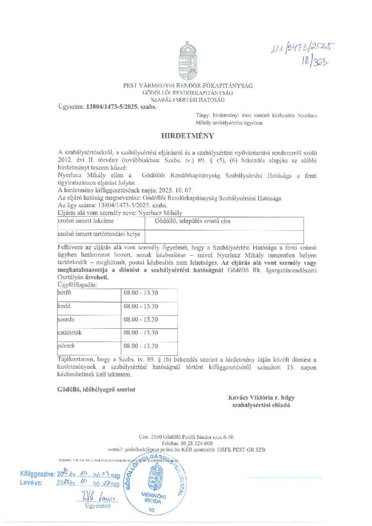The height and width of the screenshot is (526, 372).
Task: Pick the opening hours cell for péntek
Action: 140,346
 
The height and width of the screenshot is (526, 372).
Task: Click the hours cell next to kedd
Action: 140,307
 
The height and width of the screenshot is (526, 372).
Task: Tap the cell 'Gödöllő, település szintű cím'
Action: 189,221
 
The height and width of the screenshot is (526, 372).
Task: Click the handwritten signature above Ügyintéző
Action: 98,497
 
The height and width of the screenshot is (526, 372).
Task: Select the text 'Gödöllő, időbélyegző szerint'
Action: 97,389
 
